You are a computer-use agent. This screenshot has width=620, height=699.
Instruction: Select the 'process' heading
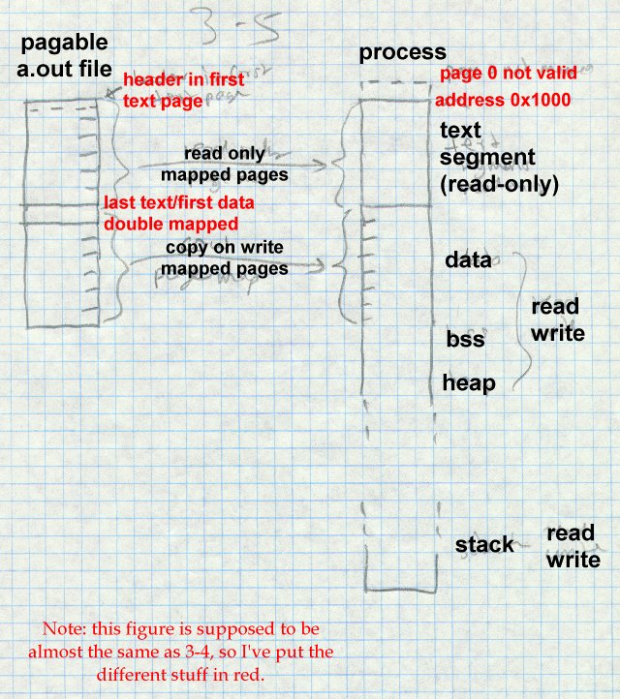point(402,52)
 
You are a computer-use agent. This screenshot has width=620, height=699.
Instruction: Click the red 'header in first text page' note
point(183,89)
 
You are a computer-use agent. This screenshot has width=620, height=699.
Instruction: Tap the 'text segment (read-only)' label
point(498,157)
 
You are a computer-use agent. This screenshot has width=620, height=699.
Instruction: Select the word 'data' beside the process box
point(467,260)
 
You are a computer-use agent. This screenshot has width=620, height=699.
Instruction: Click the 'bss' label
point(465,340)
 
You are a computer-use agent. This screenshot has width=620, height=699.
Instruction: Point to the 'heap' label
point(469,383)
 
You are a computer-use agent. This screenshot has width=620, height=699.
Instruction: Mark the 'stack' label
point(484,544)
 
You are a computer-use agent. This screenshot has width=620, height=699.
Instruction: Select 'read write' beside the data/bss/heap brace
point(557,320)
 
